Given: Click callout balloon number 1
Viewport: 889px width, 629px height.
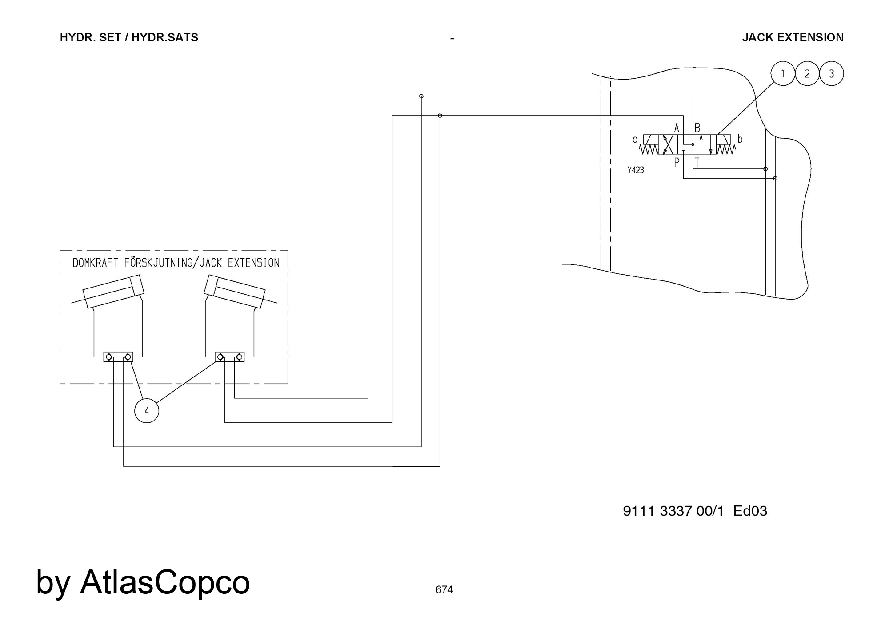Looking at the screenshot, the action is coord(782,73).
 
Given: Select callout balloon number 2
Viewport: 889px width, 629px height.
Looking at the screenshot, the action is coord(807,73).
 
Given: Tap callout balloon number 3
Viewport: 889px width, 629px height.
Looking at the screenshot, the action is coord(832,73).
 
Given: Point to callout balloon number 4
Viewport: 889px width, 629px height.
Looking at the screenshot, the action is coord(147,410).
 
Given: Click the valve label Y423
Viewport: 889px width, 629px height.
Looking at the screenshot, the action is coord(636,170).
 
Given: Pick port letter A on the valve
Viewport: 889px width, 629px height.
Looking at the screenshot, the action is coord(677,128).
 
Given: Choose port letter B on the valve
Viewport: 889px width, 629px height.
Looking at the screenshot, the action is coord(697,128).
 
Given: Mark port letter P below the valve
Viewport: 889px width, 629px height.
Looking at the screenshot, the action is coord(677,163).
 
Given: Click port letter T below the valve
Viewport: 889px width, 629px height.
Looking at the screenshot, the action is coord(697,163).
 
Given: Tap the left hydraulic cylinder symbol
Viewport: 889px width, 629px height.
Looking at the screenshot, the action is coord(113,291).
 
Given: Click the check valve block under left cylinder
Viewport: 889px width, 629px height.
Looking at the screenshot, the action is coord(118,357).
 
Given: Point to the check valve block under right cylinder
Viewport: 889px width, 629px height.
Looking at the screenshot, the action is coord(229,357).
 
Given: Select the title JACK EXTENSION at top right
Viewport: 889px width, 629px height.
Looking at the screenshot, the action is coord(793,37).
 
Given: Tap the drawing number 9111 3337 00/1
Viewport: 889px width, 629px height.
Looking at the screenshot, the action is coord(673,511).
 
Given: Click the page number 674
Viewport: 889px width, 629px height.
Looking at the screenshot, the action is coord(444,590).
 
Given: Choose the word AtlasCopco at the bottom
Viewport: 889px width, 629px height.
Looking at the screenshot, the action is coord(165,582).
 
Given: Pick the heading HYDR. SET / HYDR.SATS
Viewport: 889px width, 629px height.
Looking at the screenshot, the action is coord(129,37).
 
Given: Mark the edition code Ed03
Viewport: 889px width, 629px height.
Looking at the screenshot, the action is coord(750,511).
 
